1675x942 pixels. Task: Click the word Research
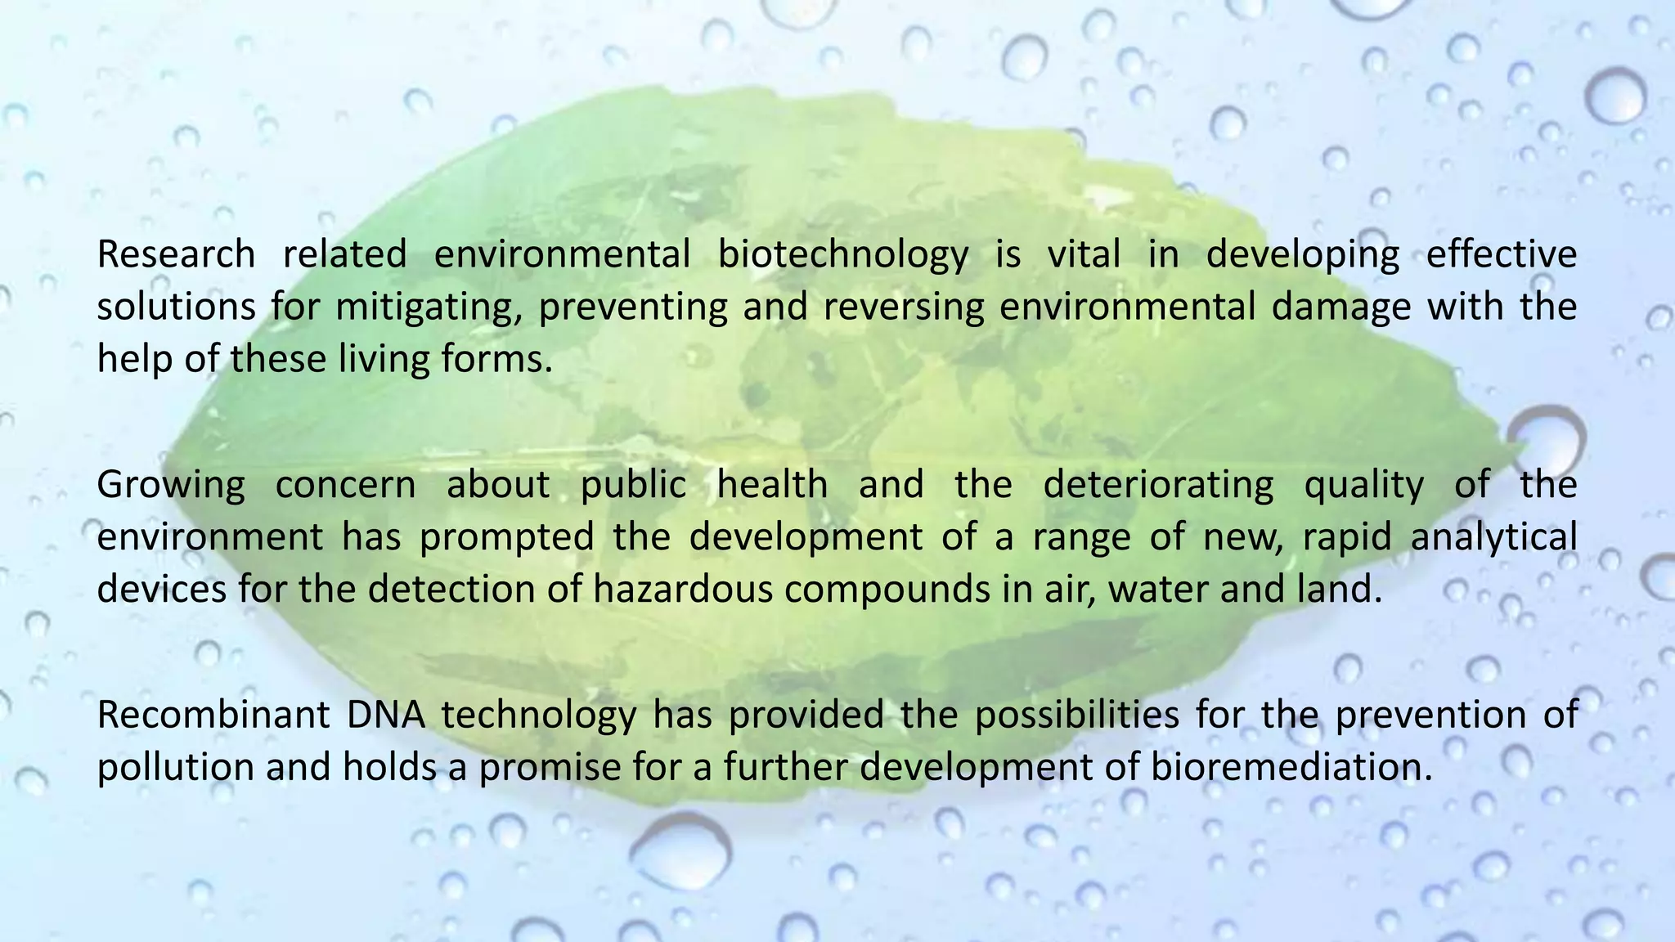[176, 254]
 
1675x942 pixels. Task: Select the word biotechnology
[842, 254]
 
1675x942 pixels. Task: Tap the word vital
[1084, 254]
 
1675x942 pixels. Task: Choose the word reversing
[904, 307]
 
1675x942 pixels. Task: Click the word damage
[1341, 307]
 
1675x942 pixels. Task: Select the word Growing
[171, 485]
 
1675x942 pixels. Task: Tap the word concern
[345, 485]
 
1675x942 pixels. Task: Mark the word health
[772, 485]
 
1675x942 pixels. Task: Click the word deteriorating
[1158, 485]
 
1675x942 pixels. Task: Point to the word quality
[1363, 485]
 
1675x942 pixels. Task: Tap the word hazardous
[683, 590]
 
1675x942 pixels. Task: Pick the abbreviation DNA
[386, 715]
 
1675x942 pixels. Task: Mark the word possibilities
[1076, 715]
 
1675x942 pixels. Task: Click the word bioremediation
[1291, 768]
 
